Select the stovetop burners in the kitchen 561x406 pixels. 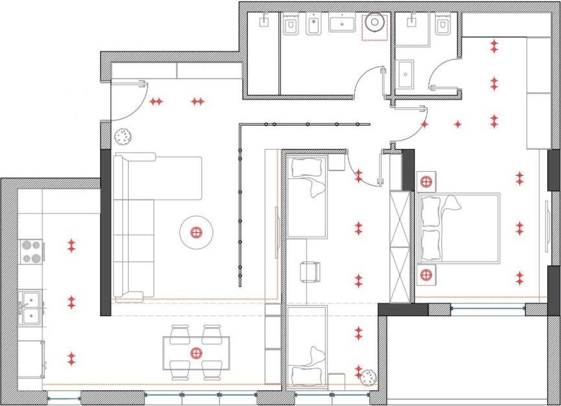click(x=31, y=251)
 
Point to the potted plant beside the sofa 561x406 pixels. click(x=122, y=136)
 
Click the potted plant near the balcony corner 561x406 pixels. click(x=368, y=377)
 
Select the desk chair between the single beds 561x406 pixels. click(x=310, y=272)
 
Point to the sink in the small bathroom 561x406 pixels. click(x=406, y=74)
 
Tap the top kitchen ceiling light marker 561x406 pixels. click(x=71, y=245)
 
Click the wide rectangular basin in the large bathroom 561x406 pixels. click(x=342, y=23)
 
